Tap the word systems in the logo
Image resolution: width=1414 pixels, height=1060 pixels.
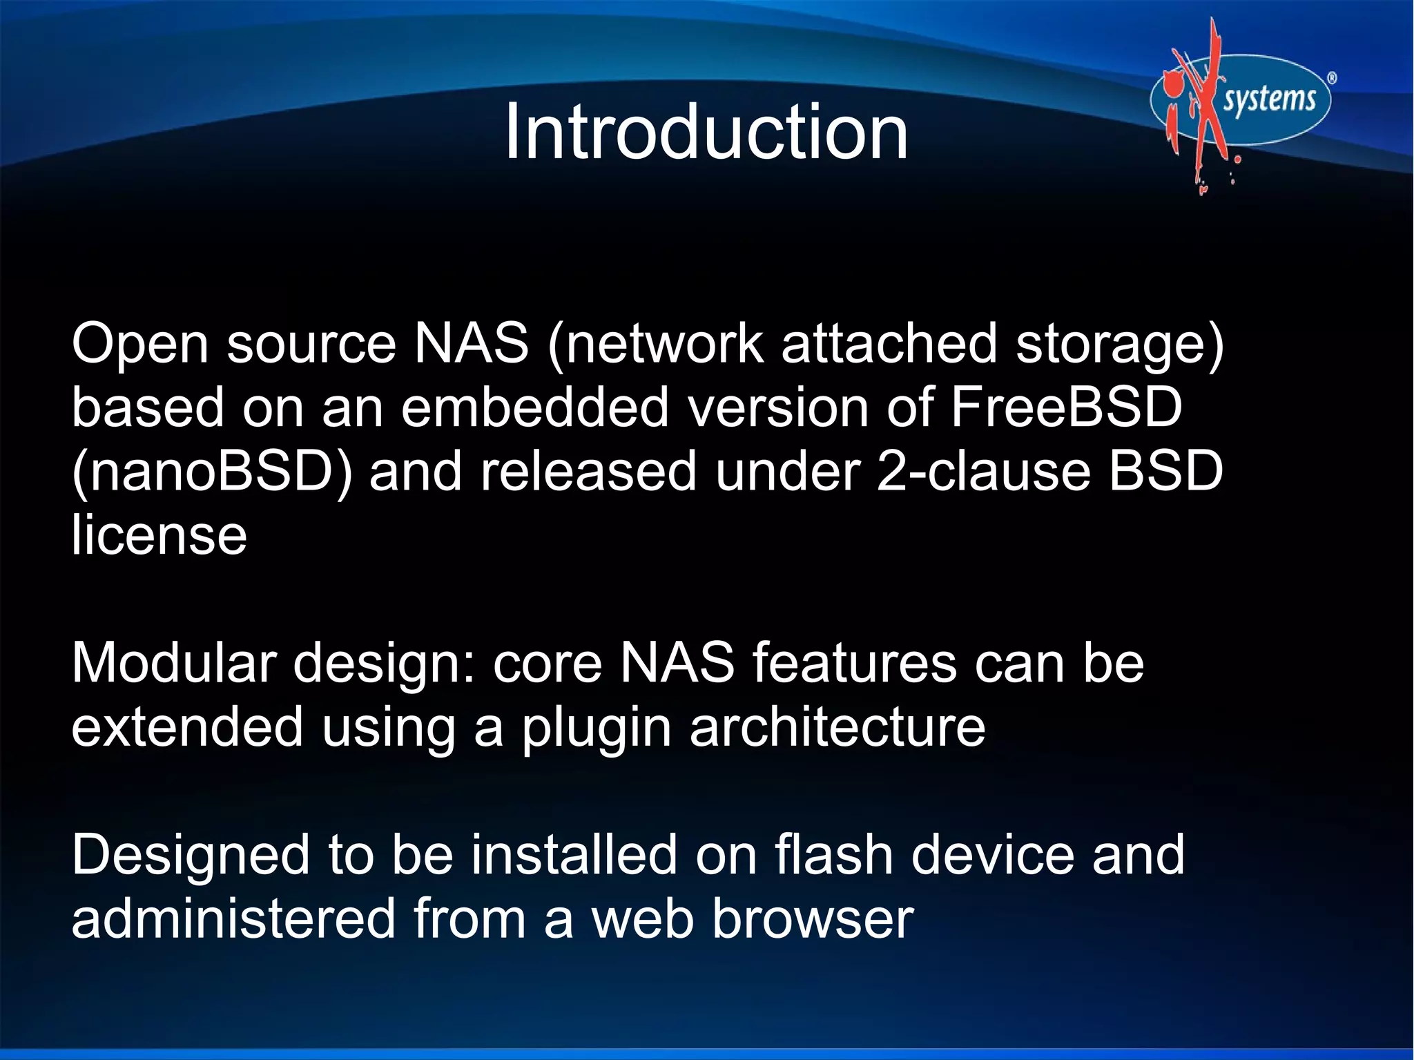coord(1269,99)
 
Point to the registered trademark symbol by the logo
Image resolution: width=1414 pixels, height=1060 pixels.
coord(1332,78)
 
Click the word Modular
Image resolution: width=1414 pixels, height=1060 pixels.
coord(173,662)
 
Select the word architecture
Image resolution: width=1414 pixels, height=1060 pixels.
coord(837,726)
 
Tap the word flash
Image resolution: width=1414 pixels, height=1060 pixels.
coord(833,854)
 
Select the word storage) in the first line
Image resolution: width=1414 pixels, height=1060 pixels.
coord(1119,343)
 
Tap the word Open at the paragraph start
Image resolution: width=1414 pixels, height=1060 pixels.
coord(140,345)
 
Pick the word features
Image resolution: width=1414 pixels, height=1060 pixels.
coord(854,662)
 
